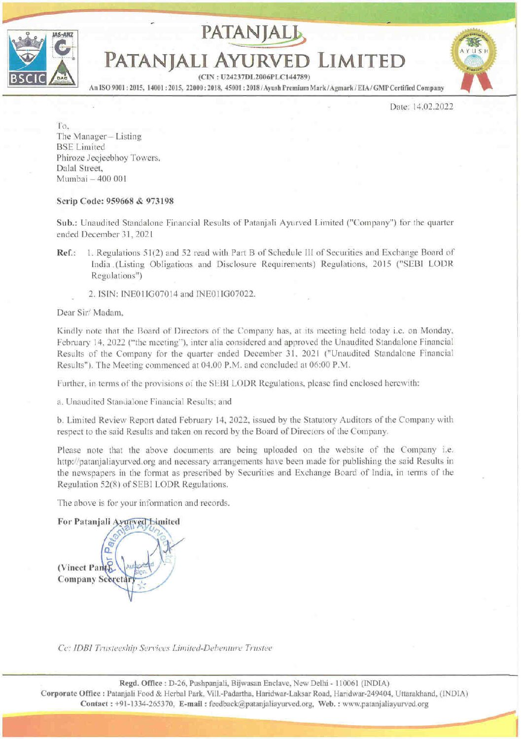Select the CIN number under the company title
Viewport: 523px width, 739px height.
(x=253, y=77)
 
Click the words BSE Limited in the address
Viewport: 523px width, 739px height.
(x=81, y=147)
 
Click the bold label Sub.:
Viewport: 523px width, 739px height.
(x=67, y=223)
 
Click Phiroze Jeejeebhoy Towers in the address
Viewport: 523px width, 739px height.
(x=108, y=158)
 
